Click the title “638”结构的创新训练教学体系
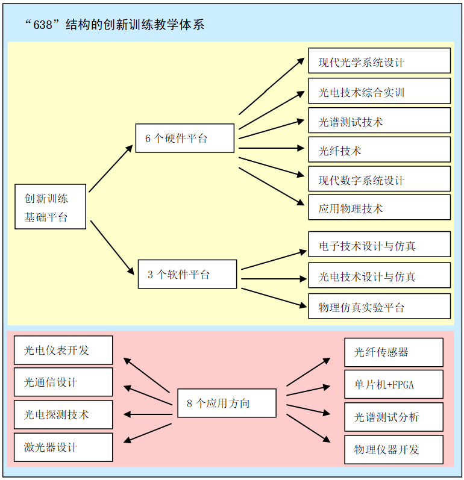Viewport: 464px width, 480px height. point(114,25)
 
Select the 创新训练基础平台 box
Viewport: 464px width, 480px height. point(51,207)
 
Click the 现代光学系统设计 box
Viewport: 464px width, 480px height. point(379,61)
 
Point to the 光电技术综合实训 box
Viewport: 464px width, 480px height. point(379,91)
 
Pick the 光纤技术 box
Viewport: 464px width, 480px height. point(379,149)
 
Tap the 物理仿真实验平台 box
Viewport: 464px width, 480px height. point(379,306)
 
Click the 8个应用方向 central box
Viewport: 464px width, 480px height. point(227,403)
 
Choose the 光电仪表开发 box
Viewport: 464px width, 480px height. point(63,350)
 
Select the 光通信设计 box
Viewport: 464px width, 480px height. point(63,382)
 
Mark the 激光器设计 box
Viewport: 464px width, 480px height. point(63,447)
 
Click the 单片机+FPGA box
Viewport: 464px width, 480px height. point(393,384)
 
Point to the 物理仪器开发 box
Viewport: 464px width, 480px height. point(393,449)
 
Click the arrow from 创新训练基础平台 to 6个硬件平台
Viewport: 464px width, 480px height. point(111,168)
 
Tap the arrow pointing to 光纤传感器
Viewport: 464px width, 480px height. point(308,372)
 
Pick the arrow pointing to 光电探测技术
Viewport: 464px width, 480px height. point(148,414)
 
